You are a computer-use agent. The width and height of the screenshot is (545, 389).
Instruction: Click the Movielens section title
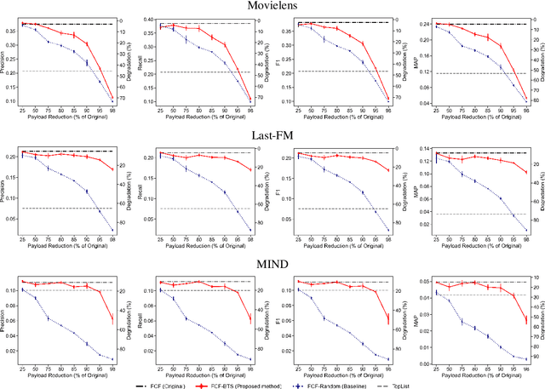click(x=272, y=6)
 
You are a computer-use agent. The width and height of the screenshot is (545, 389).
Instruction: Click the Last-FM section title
click(x=272, y=134)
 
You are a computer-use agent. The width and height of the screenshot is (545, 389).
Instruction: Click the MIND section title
click(x=272, y=264)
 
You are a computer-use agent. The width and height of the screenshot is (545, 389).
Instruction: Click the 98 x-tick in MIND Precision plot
click(x=112, y=369)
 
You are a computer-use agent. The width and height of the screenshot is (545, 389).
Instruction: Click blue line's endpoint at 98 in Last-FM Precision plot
click(x=112, y=230)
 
